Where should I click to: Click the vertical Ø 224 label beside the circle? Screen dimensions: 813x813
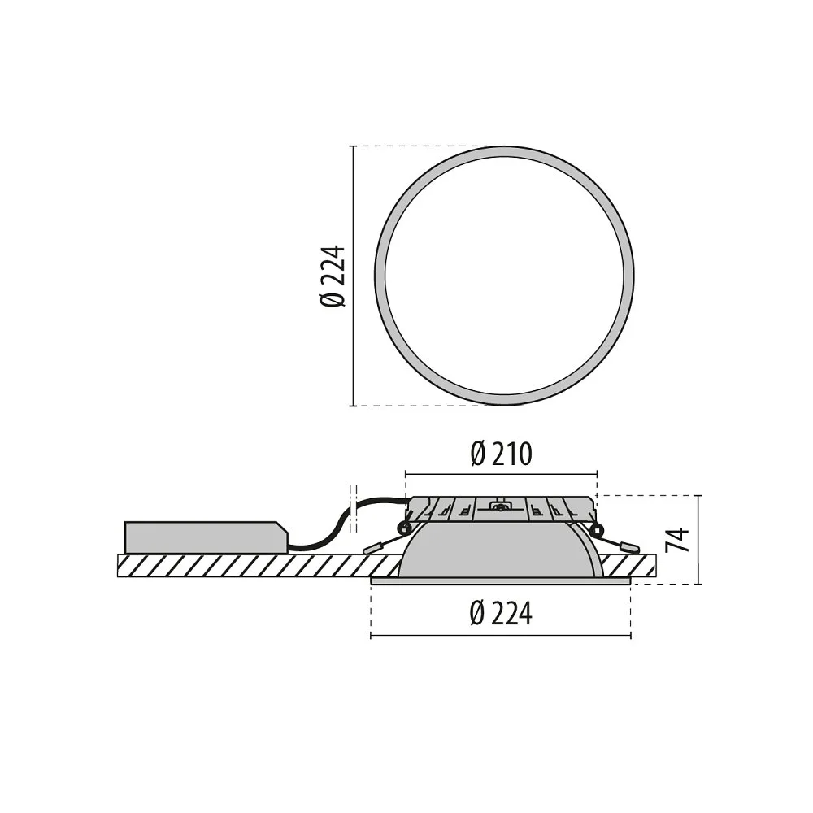click(333, 276)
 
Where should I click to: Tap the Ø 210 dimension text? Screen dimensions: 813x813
click(501, 454)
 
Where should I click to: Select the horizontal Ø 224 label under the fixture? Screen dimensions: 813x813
click(501, 613)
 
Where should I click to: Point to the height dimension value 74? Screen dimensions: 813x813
click(678, 540)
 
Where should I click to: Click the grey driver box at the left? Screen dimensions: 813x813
click(206, 537)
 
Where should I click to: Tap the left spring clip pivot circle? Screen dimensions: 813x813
click(402, 529)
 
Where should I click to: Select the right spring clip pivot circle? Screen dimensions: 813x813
click(598, 529)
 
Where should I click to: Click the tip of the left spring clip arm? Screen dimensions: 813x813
click(366, 550)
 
